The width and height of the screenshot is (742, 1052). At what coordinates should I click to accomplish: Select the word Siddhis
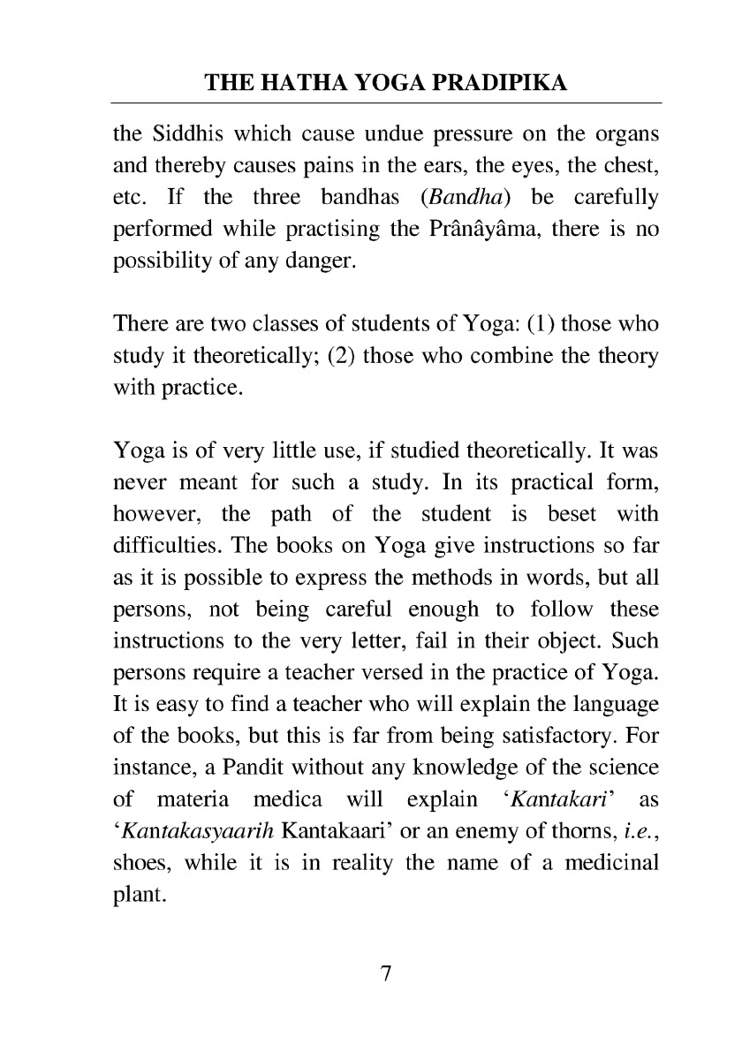point(185,137)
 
